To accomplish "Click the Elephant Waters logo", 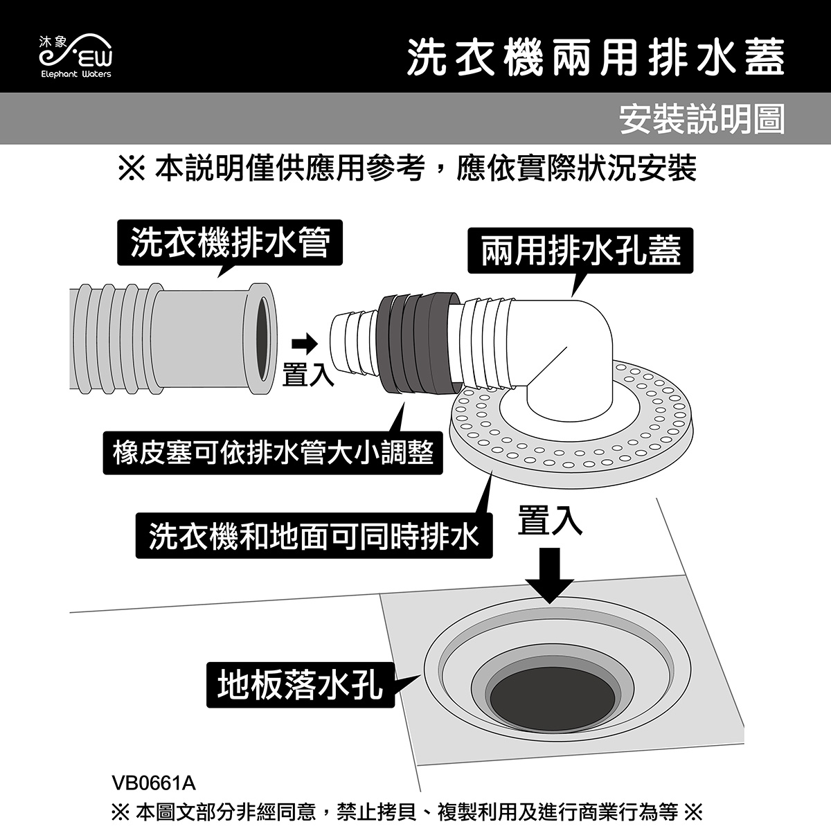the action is [x=76, y=56].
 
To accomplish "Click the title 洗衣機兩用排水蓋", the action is [x=596, y=58].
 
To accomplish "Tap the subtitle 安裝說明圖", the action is [x=702, y=118].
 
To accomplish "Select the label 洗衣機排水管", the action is [x=230, y=242].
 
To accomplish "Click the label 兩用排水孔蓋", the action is [x=580, y=251].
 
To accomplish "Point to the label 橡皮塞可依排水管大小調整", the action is [x=273, y=453].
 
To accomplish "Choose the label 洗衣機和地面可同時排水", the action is [x=314, y=535].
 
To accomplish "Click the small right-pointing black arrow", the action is [x=305, y=343].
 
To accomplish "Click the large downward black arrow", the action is [x=550, y=575].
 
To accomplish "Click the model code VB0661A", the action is [x=154, y=783].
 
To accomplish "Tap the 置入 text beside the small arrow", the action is [x=308, y=375].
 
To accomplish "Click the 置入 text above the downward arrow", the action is [x=550, y=521].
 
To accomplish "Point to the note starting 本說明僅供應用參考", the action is [x=406, y=168].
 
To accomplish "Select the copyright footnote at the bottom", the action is [x=406, y=812].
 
